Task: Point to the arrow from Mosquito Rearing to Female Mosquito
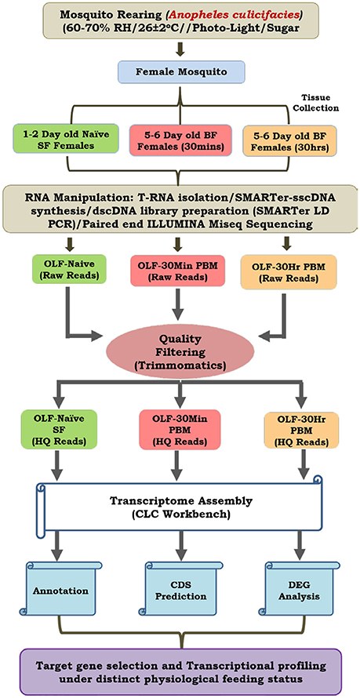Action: (x=180, y=48)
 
